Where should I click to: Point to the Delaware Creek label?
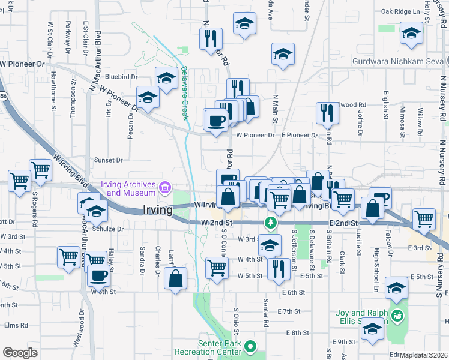tap(185, 93)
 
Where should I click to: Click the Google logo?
tap(20, 352)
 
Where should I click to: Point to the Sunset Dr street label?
tap(108, 160)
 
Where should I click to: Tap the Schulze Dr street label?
tap(108, 229)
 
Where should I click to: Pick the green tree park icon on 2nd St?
tap(271, 223)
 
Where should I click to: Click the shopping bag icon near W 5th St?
tap(175, 278)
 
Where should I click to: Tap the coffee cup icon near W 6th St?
tap(99, 275)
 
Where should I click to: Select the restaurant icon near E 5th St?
tap(278, 267)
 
